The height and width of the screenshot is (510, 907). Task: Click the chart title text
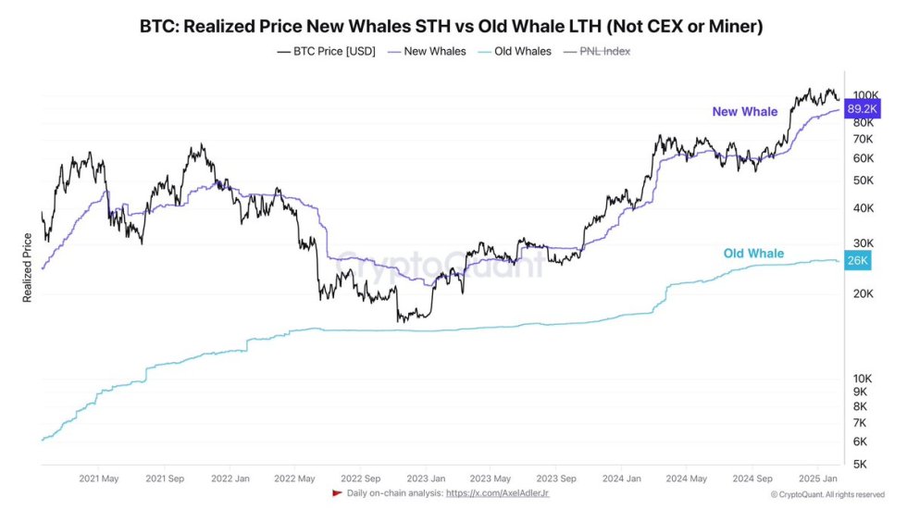tap(451, 26)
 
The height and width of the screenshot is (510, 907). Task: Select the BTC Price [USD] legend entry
tap(327, 52)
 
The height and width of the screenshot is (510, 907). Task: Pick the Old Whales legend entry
tap(517, 52)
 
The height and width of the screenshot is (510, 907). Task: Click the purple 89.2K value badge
tap(863, 107)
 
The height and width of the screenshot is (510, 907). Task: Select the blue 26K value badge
tap(857, 261)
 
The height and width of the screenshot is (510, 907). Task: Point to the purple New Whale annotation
tap(744, 112)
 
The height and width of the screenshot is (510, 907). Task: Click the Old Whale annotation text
tap(752, 254)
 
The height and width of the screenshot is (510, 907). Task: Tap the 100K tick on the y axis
tap(865, 94)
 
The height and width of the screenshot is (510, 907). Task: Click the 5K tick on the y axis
tap(860, 464)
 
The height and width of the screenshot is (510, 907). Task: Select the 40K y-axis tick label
tap(862, 208)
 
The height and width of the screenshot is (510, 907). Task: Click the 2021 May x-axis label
tap(99, 479)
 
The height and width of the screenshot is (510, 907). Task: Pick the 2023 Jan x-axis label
tap(427, 479)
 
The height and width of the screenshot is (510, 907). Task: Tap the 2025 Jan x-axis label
tap(818, 479)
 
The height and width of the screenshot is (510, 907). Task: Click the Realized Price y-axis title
tap(28, 268)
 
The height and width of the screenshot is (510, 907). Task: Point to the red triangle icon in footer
tap(337, 492)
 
